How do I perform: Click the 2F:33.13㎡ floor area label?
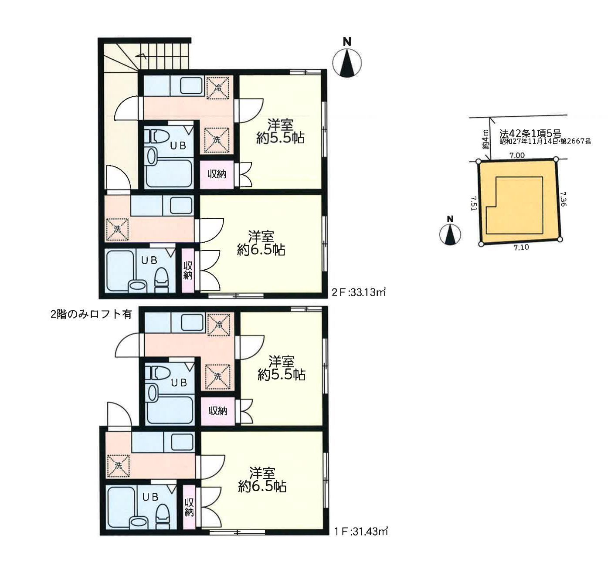click(x=359, y=292)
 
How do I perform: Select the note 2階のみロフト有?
click(x=92, y=314)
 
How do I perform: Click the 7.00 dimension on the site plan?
click(x=516, y=156)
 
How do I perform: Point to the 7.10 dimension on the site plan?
click(x=521, y=247)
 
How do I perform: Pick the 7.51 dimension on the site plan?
click(x=473, y=203)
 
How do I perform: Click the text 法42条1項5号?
click(x=530, y=133)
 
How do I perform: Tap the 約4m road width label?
click(x=485, y=139)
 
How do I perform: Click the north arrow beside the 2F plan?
click(x=347, y=60)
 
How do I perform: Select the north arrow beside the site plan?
click(x=450, y=231)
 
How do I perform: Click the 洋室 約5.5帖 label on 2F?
click(x=281, y=131)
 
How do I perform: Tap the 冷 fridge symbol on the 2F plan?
click(x=218, y=88)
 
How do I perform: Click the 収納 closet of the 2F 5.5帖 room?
click(x=217, y=174)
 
